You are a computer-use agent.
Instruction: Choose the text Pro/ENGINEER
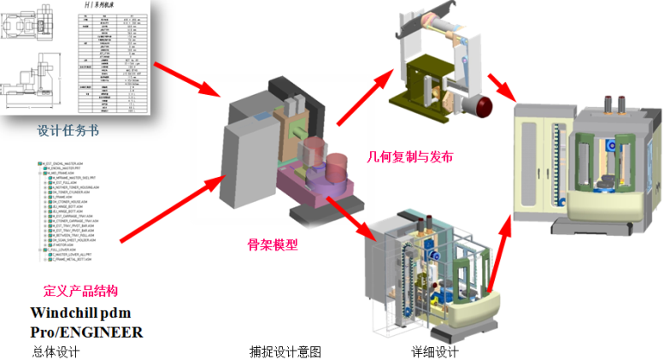[86, 332]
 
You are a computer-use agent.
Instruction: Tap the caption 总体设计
[54, 351]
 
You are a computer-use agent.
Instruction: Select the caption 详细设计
[435, 351]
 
